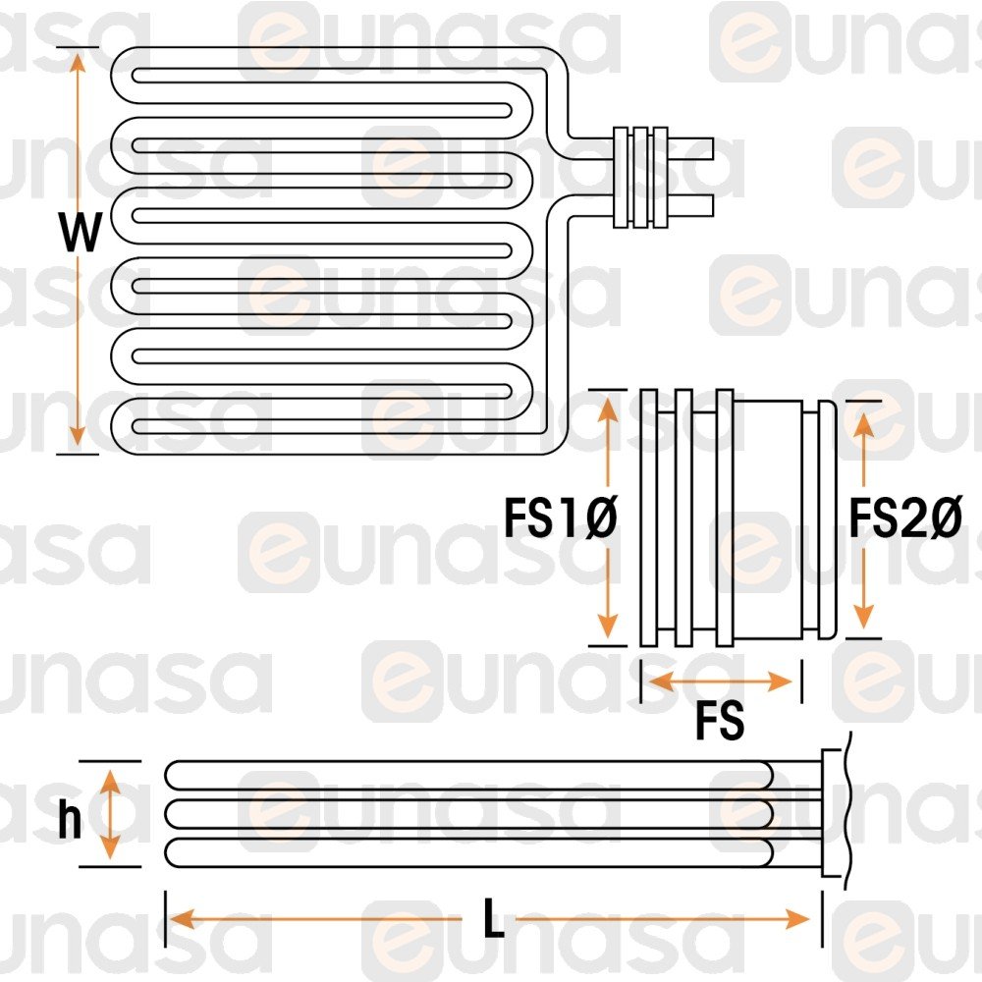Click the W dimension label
coord(80,235)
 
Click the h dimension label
coord(69,821)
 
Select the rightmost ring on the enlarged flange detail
coord(829,520)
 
